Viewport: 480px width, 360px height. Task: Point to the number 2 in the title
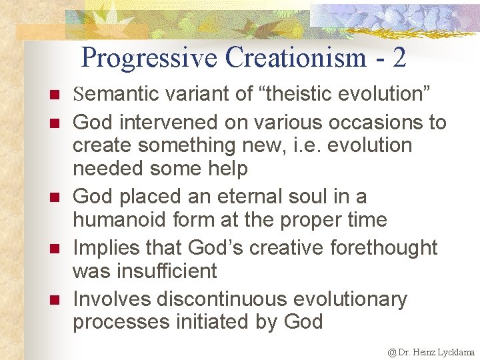pyautogui.click(x=399, y=59)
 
